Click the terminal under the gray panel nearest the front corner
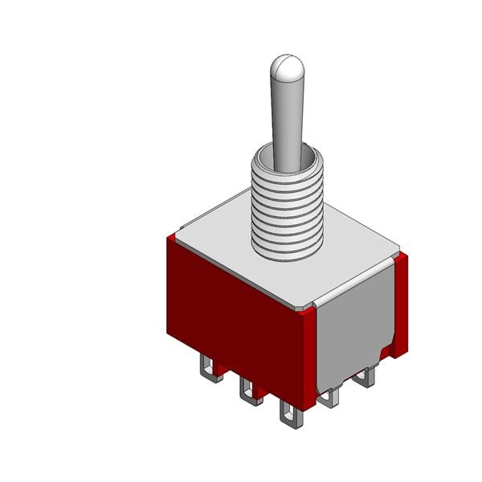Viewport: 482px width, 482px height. point(329,397)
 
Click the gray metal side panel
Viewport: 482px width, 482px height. point(353,321)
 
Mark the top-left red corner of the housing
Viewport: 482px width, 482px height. point(170,239)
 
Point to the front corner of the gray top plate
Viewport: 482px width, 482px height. point(303,306)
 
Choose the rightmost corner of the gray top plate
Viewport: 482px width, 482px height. point(398,252)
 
